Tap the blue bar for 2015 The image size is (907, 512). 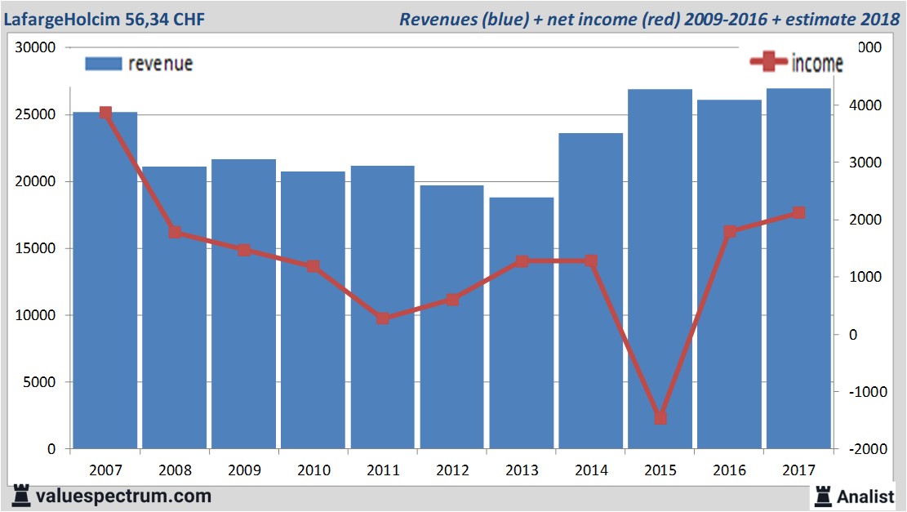pos(660,269)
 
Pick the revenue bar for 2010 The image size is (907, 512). pos(313,309)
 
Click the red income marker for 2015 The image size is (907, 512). pos(660,418)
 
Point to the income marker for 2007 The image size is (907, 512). pos(105,113)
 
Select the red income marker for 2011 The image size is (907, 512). pos(383,318)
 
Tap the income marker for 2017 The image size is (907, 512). pos(799,213)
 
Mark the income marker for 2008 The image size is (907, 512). pos(175,233)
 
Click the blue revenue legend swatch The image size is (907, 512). pos(103,64)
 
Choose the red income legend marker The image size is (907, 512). pos(768,61)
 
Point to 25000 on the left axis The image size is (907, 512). pos(37,114)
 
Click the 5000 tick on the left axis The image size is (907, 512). pos(40,382)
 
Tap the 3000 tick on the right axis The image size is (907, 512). pos(868,163)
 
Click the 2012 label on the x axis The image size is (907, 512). pos(452,470)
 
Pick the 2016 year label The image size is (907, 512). pos(730,470)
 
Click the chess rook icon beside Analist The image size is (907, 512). pos(823,496)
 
